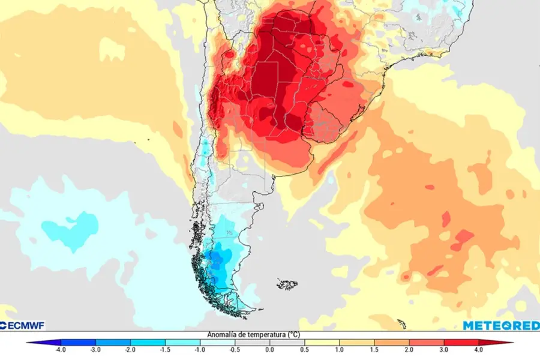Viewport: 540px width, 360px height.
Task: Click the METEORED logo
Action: [500, 325]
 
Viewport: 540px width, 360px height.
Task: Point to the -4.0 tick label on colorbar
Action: [59, 349]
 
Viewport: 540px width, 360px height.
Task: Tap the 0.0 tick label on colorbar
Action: [269, 349]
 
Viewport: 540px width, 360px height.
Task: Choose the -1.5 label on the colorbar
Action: [164, 349]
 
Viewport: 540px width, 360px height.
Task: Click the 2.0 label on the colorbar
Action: [410, 349]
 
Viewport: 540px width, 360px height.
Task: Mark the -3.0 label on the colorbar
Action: [95, 349]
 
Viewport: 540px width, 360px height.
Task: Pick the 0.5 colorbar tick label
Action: [305, 349]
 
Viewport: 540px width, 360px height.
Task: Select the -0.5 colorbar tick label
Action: [235, 349]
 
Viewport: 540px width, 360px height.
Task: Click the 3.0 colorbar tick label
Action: [445, 349]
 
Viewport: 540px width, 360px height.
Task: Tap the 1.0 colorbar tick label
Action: [340, 349]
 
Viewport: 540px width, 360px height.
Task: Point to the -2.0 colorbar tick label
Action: [130, 349]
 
